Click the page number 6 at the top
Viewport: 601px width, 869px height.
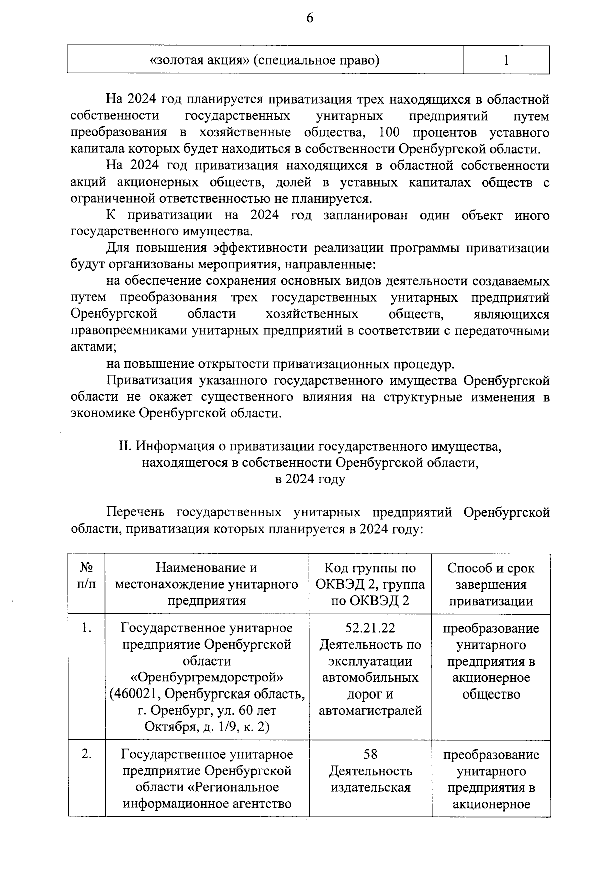[x=309, y=18]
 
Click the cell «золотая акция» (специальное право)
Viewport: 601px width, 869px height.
[x=264, y=60]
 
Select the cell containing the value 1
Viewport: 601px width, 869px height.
[x=506, y=60]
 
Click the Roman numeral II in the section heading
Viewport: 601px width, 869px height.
[x=124, y=445]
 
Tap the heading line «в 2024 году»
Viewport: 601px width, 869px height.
[x=310, y=479]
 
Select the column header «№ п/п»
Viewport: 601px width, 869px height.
[x=87, y=576]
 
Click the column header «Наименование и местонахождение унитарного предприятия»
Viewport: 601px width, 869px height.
[x=207, y=584]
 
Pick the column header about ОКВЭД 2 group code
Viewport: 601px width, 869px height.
[x=370, y=584]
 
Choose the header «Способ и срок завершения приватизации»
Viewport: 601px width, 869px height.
[x=491, y=584]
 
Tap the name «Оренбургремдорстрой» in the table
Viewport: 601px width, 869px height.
[x=207, y=677]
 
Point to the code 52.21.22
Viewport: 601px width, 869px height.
[x=370, y=628]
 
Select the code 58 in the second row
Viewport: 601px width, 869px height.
[x=370, y=754]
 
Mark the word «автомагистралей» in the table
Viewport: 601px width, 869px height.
[x=370, y=711]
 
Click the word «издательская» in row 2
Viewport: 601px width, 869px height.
[x=370, y=787]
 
